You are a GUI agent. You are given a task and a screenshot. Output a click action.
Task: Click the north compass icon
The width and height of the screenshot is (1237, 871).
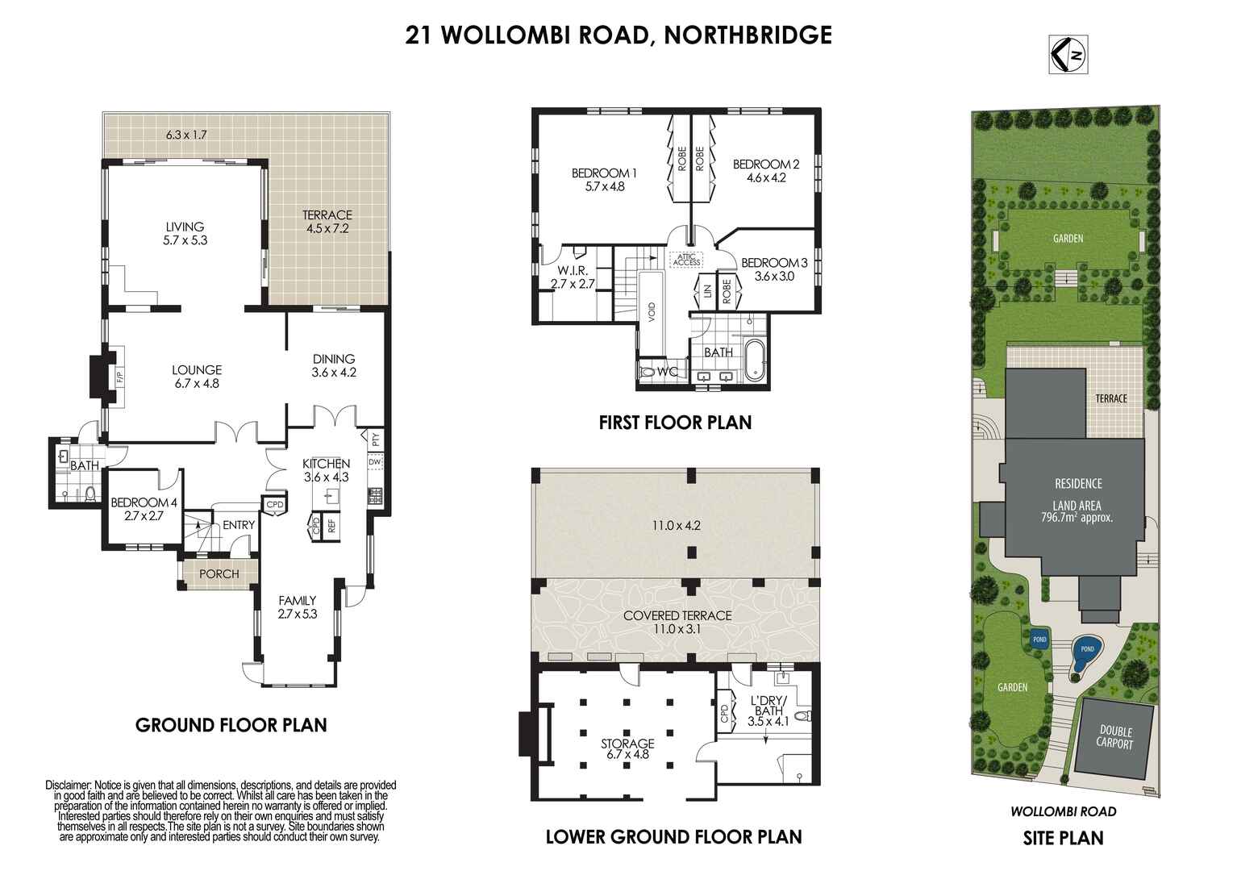(1068, 54)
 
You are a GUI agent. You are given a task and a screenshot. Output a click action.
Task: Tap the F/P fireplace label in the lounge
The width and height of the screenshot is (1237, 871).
(119, 377)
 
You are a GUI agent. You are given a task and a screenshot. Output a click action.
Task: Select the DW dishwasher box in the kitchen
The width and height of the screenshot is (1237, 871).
(375, 462)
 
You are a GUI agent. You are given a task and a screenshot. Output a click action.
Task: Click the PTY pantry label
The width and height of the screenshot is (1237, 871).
(376, 440)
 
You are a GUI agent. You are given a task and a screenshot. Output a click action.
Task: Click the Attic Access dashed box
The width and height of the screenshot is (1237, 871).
(687, 259)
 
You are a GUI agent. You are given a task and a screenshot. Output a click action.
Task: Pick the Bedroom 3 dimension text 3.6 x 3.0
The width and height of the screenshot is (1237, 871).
(774, 276)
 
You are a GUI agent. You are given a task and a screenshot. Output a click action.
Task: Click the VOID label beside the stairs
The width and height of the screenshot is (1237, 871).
(652, 313)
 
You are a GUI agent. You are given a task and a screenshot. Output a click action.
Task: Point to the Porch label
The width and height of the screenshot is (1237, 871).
(219, 574)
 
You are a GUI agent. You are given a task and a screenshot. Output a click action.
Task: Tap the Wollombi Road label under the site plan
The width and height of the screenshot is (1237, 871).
(1063, 811)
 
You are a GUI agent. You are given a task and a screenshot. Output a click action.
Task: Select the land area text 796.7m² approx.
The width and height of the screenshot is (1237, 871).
(1077, 518)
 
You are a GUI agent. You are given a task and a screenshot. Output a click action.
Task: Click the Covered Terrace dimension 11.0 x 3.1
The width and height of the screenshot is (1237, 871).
(677, 628)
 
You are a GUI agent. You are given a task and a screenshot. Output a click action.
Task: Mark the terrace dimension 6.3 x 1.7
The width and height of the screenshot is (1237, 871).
(186, 134)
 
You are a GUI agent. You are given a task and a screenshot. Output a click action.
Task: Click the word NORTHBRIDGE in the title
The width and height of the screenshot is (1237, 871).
(748, 35)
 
